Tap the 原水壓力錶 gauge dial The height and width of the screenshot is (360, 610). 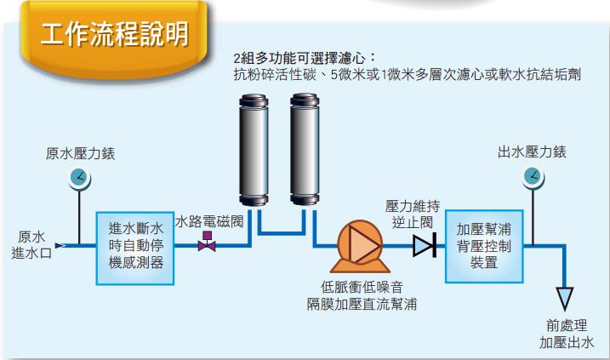tap(79, 178)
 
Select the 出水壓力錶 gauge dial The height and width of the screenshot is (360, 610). tap(532, 176)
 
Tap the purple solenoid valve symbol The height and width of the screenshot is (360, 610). tap(206, 245)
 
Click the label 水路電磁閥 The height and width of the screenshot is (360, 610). tap(209, 221)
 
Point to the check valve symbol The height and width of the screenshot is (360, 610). tap(423, 246)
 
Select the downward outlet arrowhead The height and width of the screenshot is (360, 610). tap(562, 298)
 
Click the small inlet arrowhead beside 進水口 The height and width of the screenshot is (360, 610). tap(60, 246)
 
